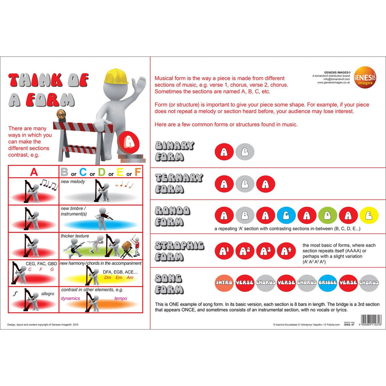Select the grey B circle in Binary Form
[x=245, y=152]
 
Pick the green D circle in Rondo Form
[x=327, y=215]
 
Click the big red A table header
[x=34, y=171]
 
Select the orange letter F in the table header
[x=138, y=171]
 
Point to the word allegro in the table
[x=48, y=293]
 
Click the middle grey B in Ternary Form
[x=245, y=184]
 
